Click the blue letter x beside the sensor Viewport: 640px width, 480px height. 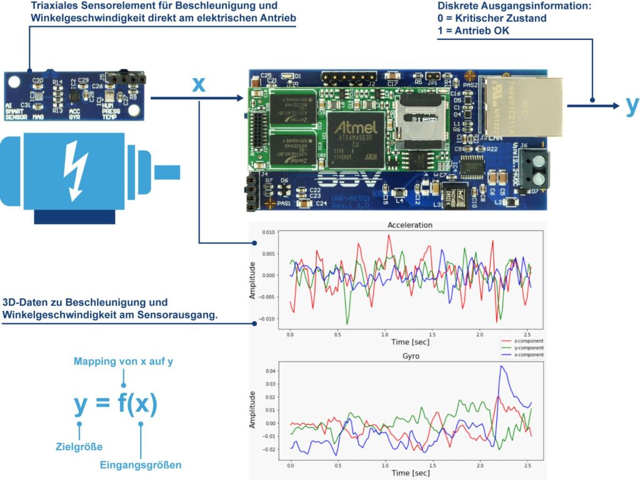coord(198,84)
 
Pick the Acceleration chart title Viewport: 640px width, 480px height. coord(409,225)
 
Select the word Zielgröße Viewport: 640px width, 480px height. coord(79,446)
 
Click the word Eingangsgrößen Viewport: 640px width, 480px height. coord(141,464)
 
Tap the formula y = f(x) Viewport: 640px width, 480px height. coord(116,404)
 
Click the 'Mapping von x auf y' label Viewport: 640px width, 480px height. coord(123,362)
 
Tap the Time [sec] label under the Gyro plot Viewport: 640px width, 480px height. coord(410,474)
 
